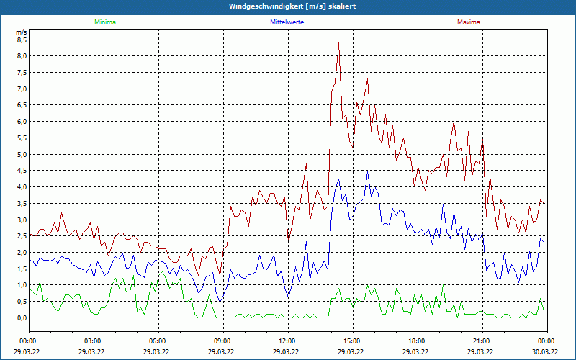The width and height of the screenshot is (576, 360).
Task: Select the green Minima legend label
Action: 104,22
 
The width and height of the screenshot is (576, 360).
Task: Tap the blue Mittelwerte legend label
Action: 287,22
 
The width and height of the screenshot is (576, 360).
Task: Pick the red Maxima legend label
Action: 469,22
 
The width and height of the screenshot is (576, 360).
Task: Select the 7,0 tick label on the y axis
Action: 21,89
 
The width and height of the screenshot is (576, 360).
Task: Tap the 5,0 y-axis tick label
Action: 21,154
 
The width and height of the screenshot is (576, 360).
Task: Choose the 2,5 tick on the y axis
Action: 21,235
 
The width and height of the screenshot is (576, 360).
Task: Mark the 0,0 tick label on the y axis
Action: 21,318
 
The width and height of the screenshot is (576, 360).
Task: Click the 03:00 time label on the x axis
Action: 93,341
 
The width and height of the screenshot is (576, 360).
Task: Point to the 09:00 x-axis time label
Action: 222,341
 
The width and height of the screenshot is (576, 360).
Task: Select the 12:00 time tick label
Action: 287,341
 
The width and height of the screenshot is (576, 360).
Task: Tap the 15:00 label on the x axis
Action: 352,341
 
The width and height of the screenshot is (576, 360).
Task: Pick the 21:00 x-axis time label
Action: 482,341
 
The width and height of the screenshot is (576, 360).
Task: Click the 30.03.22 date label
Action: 546,351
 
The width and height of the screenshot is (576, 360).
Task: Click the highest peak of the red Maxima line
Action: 338,43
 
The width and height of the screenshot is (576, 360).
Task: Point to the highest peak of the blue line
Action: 367,171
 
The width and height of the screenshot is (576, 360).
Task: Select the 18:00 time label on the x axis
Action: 417,341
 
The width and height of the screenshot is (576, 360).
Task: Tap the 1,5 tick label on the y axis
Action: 21,269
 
